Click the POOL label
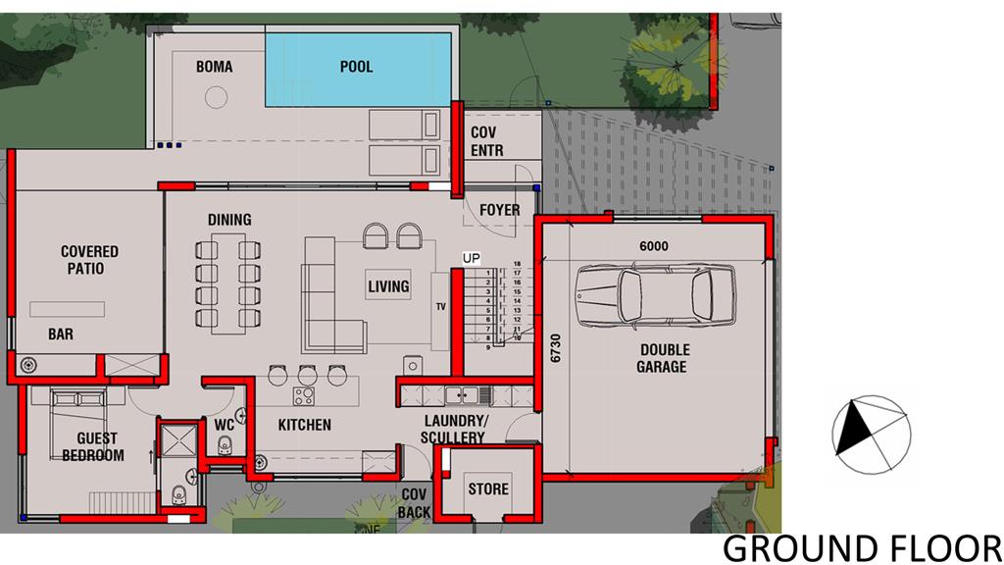click(x=356, y=67)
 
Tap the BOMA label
click(x=215, y=67)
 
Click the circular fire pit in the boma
click(x=216, y=98)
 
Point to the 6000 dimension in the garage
click(x=654, y=246)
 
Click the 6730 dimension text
click(x=555, y=348)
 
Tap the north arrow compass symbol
click(x=871, y=435)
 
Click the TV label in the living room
click(x=440, y=307)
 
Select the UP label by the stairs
click(x=472, y=258)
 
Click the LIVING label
click(x=388, y=286)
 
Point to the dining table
click(x=228, y=283)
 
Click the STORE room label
click(x=488, y=489)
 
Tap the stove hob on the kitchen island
click(x=304, y=396)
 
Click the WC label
click(x=225, y=426)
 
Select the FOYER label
click(x=500, y=210)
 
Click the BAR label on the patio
click(x=61, y=334)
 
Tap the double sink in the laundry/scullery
click(x=462, y=395)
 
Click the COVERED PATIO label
click(x=89, y=259)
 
